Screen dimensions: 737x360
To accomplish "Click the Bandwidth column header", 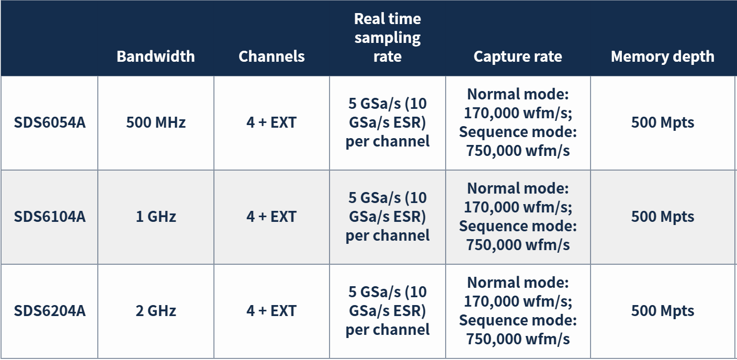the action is point(156,57).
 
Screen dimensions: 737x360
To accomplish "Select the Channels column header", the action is point(271,57).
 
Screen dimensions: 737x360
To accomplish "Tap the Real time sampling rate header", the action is point(388,38).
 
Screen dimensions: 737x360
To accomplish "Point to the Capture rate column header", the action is point(518,57).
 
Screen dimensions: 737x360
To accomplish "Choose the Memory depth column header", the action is point(663,57).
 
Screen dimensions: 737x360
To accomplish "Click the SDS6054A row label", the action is point(50,122).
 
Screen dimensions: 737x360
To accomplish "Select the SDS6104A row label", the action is point(50,217).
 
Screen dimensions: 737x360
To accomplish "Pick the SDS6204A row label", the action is point(50,311).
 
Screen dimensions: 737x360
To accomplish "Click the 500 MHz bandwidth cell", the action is point(156,122).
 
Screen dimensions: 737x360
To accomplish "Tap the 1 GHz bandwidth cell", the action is point(156,217).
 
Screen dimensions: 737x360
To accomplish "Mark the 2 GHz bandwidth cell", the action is point(156,311).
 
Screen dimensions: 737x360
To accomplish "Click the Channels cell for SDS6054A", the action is point(271,122).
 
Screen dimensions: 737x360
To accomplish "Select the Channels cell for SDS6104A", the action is point(271,217).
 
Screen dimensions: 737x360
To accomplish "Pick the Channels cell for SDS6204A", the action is point(271,311).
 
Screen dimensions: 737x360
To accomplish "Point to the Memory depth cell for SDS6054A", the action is point(663,122).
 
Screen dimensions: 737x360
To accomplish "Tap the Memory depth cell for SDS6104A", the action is point(663,217).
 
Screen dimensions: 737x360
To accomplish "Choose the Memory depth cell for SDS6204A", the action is point(663,311).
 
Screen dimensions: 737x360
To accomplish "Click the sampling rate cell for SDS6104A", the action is point(388,217).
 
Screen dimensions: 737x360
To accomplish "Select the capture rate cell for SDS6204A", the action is point(518,311).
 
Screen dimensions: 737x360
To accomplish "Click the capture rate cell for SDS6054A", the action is point(518,122).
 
